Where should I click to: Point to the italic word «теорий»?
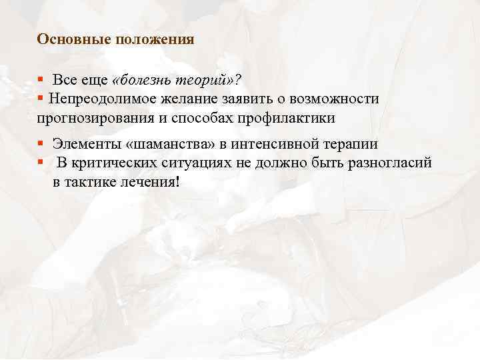tap(206, 80)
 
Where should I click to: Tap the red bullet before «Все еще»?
tap(41, 81)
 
